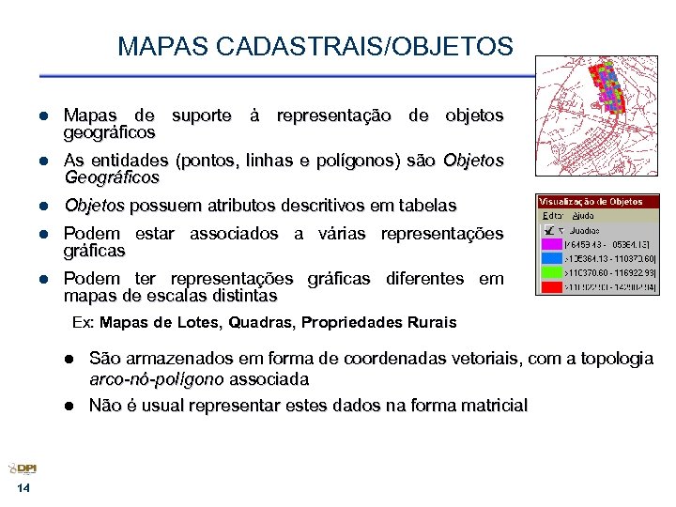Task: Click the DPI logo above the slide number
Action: coord(23,469)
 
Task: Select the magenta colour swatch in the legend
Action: coord(549,243)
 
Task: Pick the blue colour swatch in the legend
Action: coord(549,257)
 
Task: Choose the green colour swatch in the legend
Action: coord(549,271)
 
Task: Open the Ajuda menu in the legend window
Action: coord(582,215)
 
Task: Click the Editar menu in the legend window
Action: coord(552,215)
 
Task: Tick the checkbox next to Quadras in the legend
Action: coord(550,229)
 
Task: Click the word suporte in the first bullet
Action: coord(201,115)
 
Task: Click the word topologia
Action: coord(612,360)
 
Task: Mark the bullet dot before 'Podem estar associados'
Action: coord(43,234)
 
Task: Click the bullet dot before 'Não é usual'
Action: coord(69,407)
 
